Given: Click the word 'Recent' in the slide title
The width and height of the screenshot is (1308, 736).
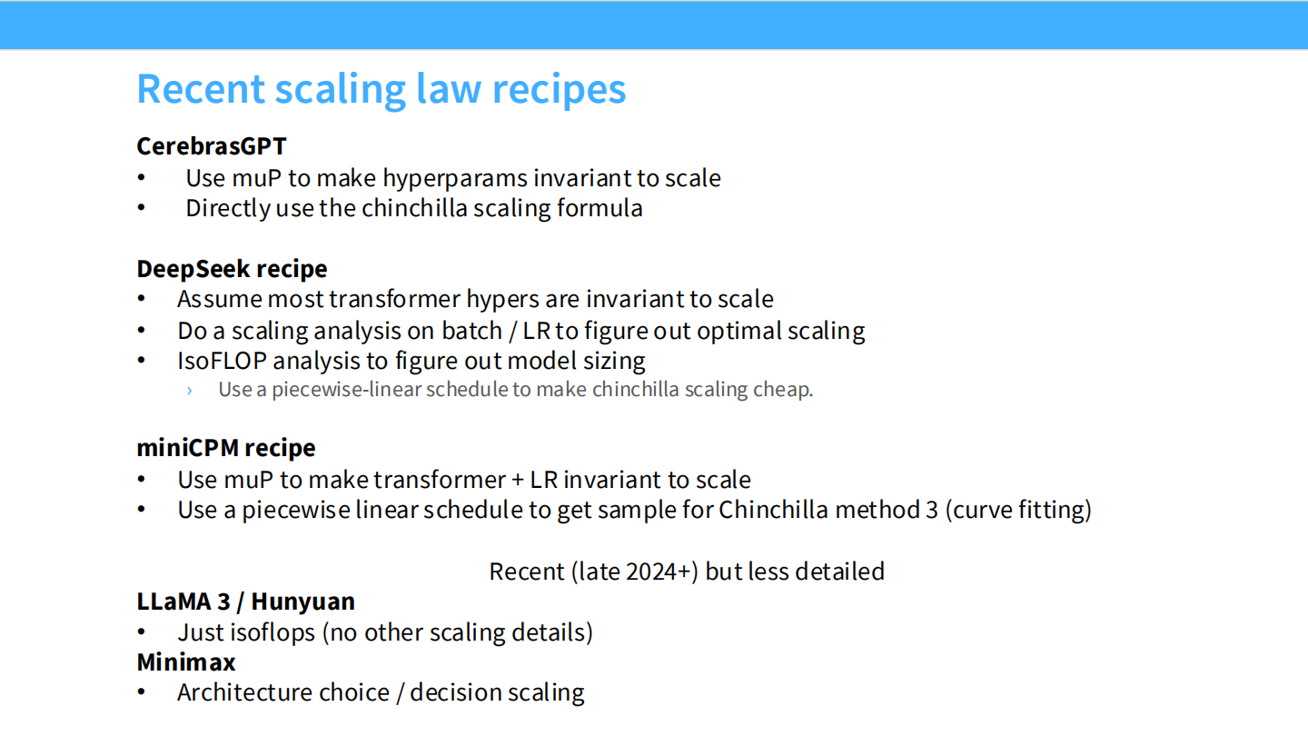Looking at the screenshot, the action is point(201,89).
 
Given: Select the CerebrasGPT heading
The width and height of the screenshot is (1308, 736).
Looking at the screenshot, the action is point(212,146).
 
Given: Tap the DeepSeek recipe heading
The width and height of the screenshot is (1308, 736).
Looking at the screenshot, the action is point(232,269).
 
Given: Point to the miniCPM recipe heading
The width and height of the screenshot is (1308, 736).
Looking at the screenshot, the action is point(226,448).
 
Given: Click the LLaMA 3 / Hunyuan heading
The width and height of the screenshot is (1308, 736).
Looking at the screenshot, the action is point(246,602).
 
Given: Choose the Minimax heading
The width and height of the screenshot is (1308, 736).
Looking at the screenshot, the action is point(185,662).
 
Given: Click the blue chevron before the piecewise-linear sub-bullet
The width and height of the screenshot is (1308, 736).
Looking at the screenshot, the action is point(189,390).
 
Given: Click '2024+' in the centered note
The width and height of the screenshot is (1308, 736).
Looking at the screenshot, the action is point(662,572).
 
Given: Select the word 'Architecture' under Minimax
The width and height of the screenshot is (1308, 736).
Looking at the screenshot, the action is point(283,692).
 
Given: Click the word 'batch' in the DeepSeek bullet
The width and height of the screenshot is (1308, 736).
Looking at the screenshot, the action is point(471,331).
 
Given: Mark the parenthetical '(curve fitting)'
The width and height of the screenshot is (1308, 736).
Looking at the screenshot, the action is point(1018,510).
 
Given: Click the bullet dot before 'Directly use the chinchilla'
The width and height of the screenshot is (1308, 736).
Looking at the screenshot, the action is point(142,208).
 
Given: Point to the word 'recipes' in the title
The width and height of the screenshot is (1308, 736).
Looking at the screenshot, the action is point(559,90).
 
